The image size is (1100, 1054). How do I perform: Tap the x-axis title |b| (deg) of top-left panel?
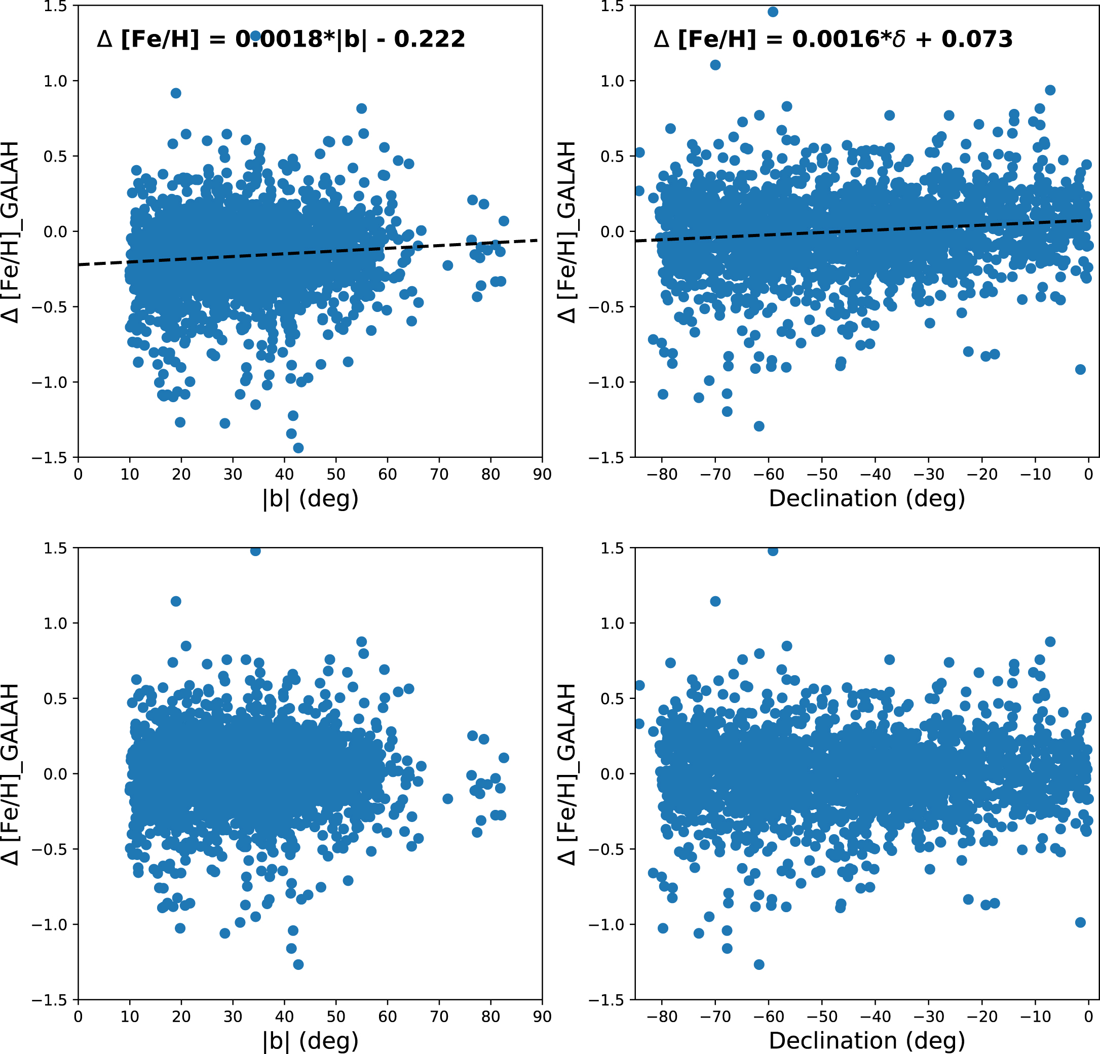311,498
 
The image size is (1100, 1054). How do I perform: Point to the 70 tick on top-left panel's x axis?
439,475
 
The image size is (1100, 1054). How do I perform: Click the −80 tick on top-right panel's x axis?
662,475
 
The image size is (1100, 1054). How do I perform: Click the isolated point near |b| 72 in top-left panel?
447,265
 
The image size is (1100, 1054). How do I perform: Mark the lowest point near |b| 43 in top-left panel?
298,448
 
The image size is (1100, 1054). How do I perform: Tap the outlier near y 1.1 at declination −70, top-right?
715,65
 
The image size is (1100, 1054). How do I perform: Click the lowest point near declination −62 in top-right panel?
759,426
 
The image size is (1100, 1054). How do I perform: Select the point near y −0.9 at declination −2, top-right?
1080,369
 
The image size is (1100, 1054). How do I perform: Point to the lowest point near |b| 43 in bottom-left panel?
298,964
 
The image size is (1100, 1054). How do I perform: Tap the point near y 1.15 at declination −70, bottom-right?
715,601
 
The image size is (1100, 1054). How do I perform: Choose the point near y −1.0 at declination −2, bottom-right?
1080,922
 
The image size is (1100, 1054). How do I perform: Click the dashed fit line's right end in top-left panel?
538,240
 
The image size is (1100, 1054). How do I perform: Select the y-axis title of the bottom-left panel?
11,774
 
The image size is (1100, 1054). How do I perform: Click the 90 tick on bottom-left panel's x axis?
542,1017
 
